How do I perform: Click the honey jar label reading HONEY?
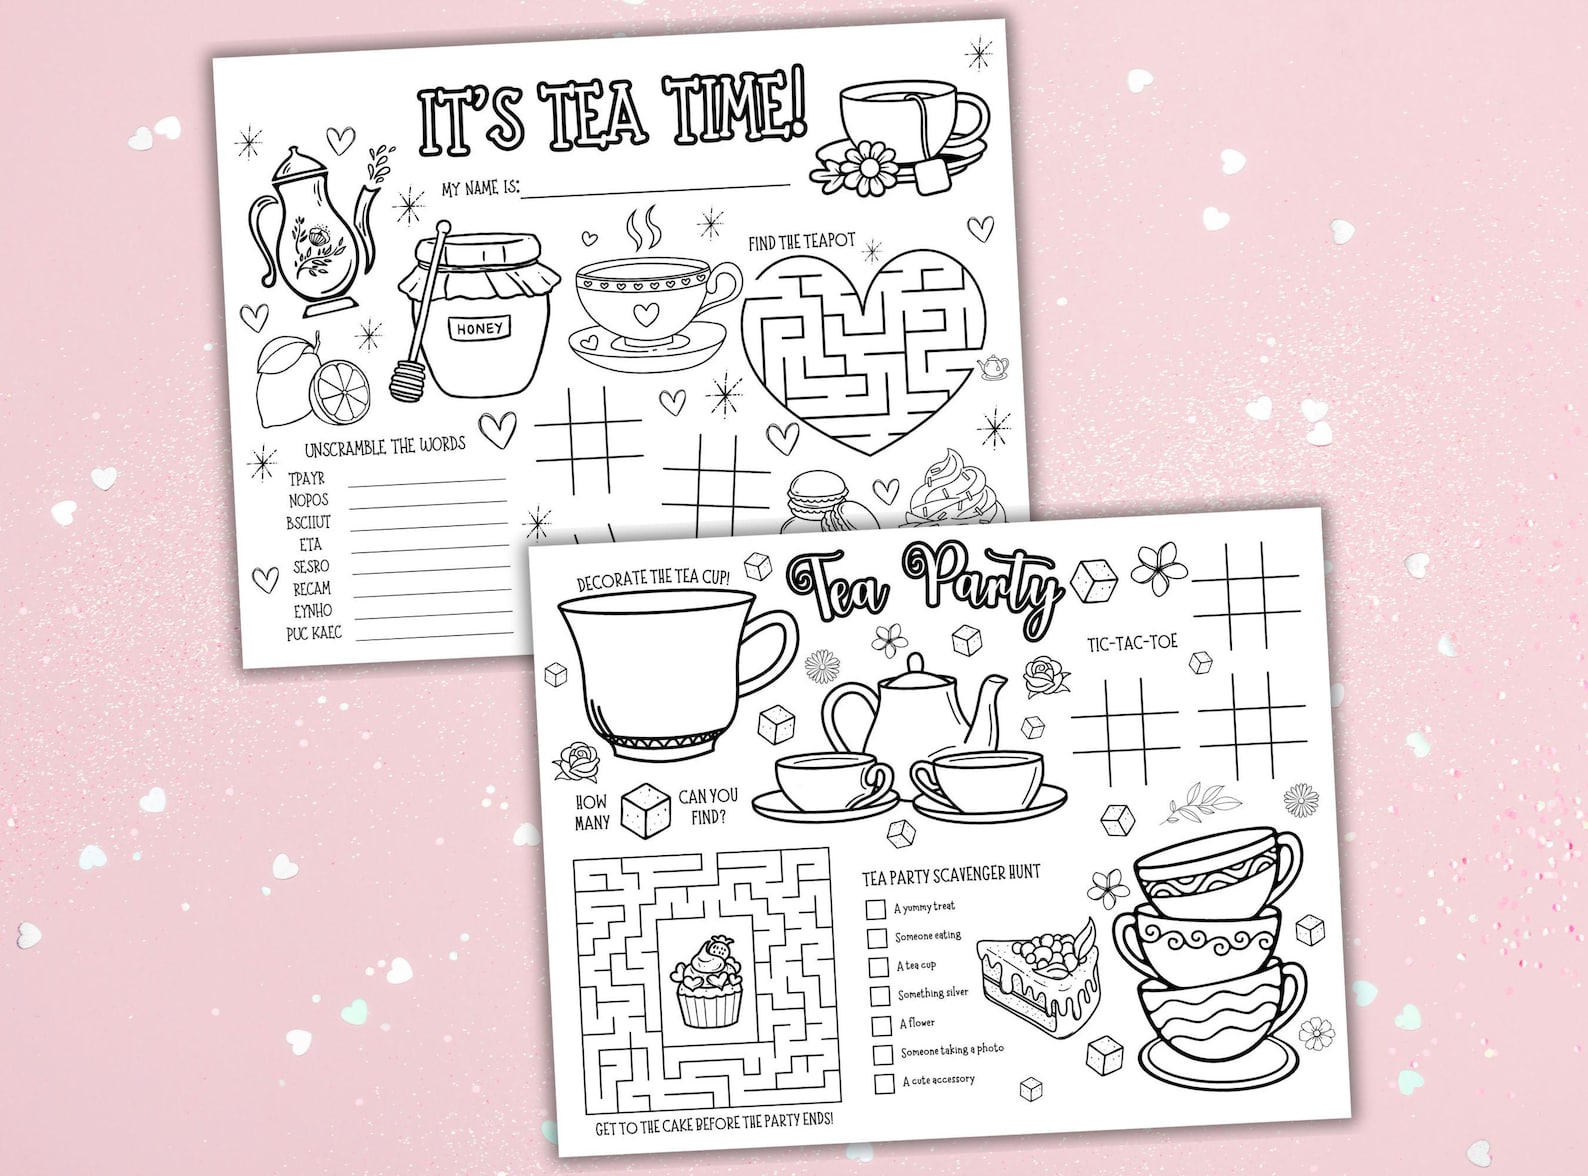[480, 328]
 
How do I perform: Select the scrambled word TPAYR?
[306, 479]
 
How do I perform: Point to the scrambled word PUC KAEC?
[313, 633]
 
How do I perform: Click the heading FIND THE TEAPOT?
[802, 242]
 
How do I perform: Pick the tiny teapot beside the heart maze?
[992, 367]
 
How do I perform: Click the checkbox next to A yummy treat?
[877, 909]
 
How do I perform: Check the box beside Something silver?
[880, 996]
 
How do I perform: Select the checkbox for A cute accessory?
[884, 1083]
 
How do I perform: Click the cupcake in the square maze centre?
[708, 982]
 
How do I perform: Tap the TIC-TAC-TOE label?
[1132, 642]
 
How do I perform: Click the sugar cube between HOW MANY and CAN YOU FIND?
[643, 809]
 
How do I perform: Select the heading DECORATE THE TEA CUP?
[653, 578]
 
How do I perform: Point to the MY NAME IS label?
[480, 188]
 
